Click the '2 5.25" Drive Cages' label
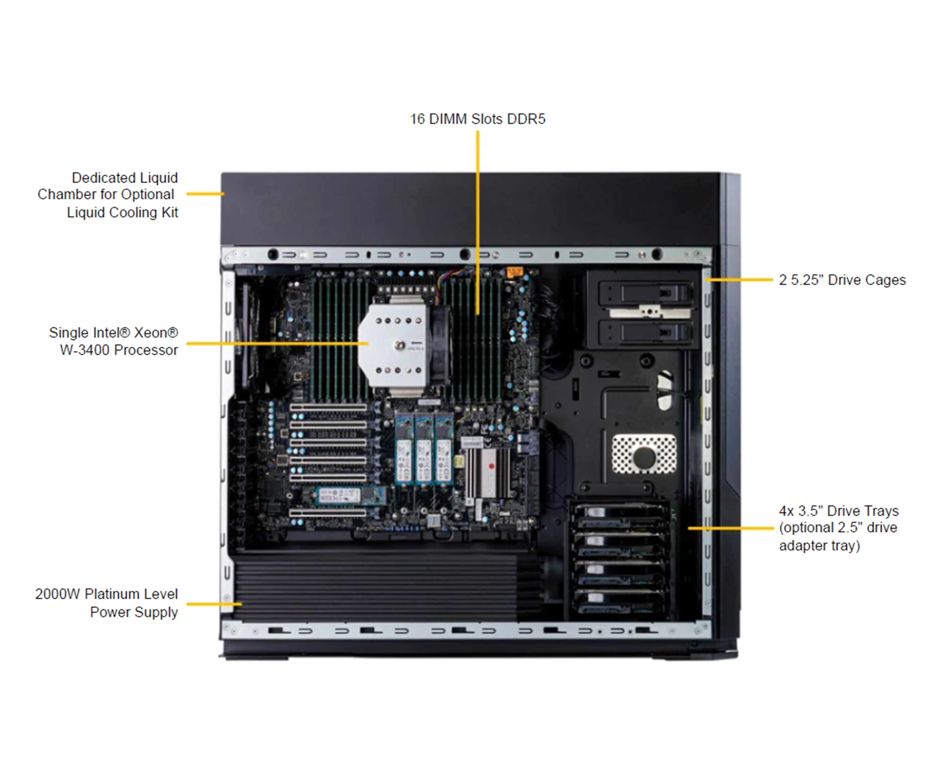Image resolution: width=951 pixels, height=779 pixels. click(842, 280)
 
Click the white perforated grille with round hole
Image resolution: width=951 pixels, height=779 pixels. click(644, 454)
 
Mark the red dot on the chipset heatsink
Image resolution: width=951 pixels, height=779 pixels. click(491, 466)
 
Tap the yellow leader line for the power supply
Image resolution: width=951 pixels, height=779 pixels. click(214, 604)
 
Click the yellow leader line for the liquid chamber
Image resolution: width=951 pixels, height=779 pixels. click(205, 194)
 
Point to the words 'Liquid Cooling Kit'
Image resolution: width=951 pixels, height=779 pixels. click(122, 212)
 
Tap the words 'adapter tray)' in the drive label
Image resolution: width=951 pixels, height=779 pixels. click(819, 546)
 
